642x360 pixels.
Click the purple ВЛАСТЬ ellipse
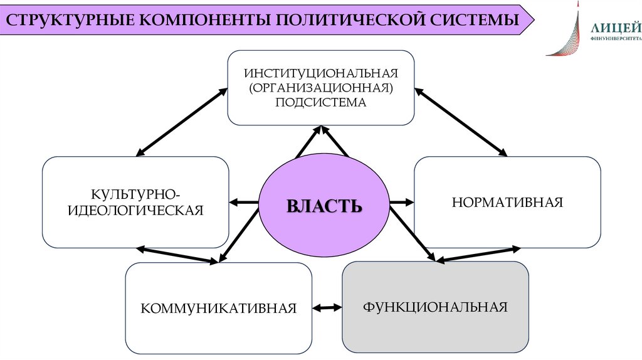click(x=324, y=205)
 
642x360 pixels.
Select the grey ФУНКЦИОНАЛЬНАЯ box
click(x=434, y=307)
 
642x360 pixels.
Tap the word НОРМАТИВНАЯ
click(x=507, y=202)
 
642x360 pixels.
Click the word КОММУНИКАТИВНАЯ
click(x=218, y=309)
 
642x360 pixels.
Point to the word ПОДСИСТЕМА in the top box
click(x=320, y=102)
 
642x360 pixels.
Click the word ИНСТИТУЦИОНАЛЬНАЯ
click(x=320, y=72)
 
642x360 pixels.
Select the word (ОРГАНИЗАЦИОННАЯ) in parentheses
click(x=320, y=87)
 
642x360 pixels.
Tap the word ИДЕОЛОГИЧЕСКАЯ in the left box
click(x=136, y=209)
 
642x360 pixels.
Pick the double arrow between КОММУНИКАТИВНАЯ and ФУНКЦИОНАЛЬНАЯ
click(x=327, y=307)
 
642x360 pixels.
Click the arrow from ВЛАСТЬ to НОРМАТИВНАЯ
click(x=401, y=202)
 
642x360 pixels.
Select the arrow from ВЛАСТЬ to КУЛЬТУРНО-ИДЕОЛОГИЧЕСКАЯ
click(x=245, y=202)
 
